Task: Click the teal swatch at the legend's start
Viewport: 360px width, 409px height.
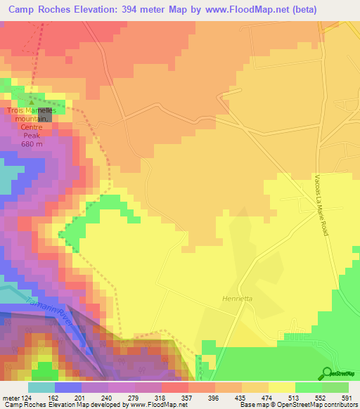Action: click(41, 387)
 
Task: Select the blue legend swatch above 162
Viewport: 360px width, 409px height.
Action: click(68, 387)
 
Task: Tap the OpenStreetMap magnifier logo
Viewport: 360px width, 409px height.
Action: click(326, 373)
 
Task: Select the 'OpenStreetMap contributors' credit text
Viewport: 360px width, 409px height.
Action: click(320, 405)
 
